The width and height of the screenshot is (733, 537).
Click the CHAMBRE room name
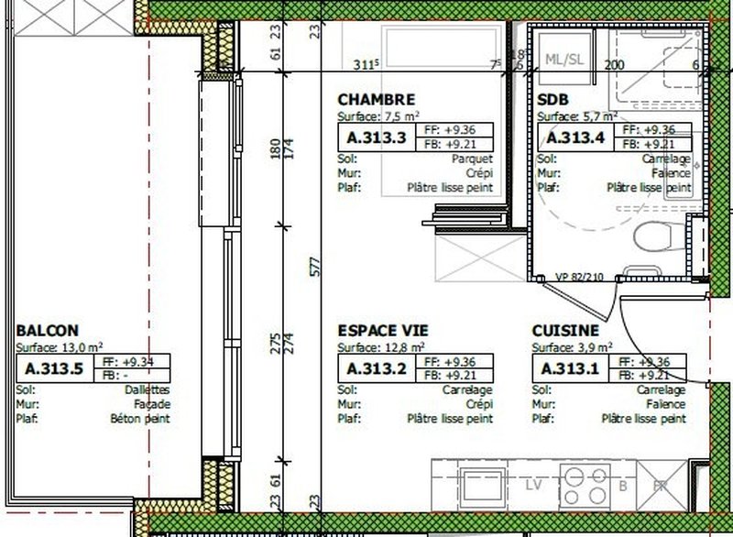point(377,99)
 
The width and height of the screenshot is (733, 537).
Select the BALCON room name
point(47,330)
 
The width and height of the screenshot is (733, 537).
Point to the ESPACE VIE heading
point(383,330)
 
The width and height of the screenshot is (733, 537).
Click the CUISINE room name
point(565,330)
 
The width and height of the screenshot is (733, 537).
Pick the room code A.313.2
point(377,369)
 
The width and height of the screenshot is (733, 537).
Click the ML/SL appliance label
point(563,60)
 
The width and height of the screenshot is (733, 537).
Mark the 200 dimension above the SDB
point(614,65)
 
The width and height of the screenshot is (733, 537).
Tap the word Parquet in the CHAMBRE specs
point(474,158)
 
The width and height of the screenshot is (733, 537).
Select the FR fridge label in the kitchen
point(657,486)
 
